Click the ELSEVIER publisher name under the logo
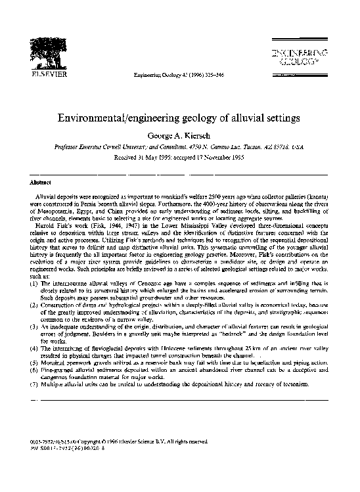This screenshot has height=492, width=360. tap(41, 74)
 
